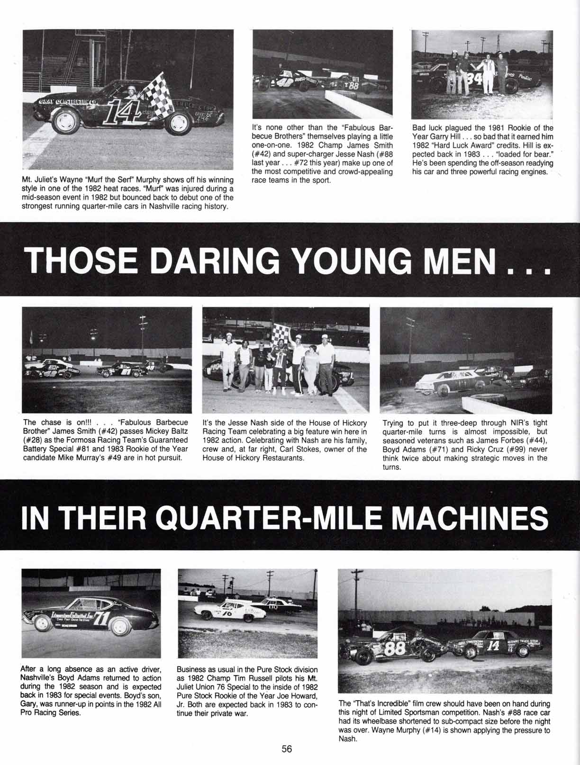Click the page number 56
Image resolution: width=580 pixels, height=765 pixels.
[x=287, y=749]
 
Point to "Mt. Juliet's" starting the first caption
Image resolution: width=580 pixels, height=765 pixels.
[x=40, y=180]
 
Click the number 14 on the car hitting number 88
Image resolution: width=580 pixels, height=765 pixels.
[x=493, y=646]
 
